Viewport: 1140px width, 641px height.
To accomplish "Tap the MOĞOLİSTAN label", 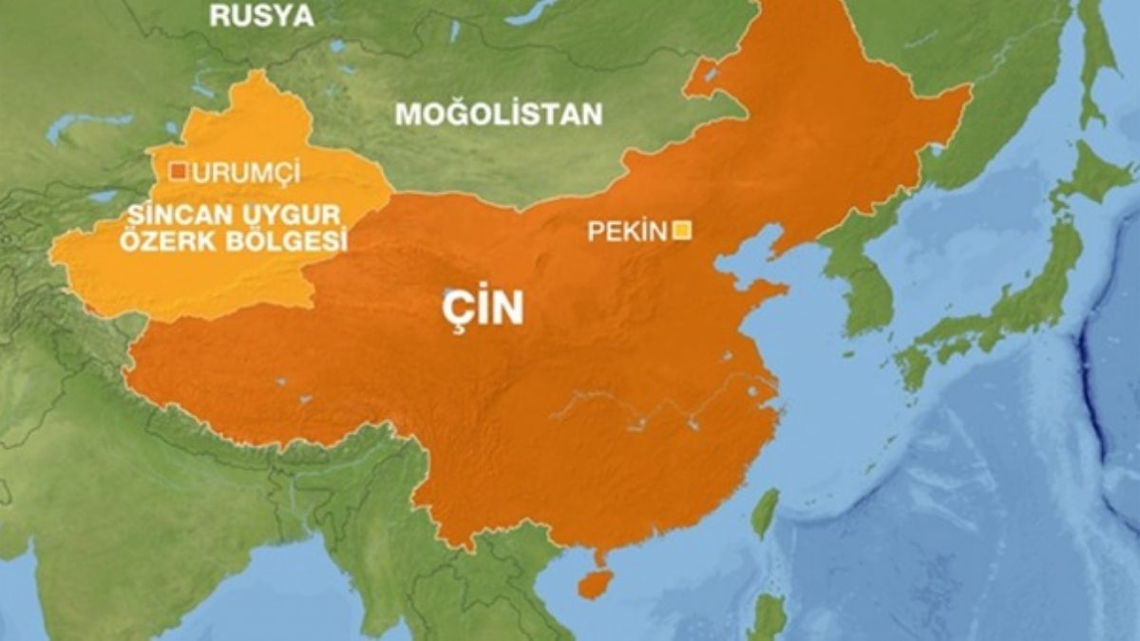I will click(x=499, y=114).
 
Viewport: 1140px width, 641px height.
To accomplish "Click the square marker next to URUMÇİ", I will click(x=178, y=172).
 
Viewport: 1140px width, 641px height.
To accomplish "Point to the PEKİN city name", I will click(x=627, y=231).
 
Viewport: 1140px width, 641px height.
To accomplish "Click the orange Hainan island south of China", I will click(x=595, y=582).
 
